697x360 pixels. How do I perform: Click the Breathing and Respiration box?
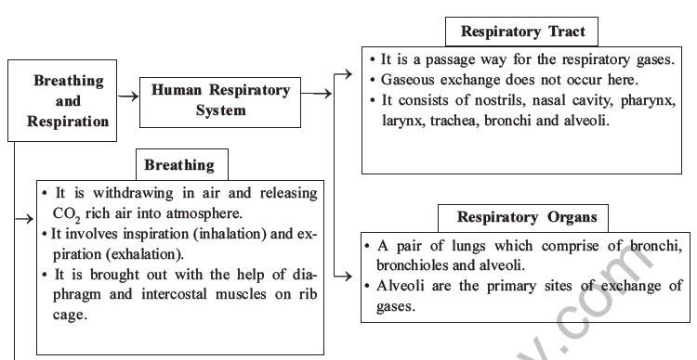tap(68, 101)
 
